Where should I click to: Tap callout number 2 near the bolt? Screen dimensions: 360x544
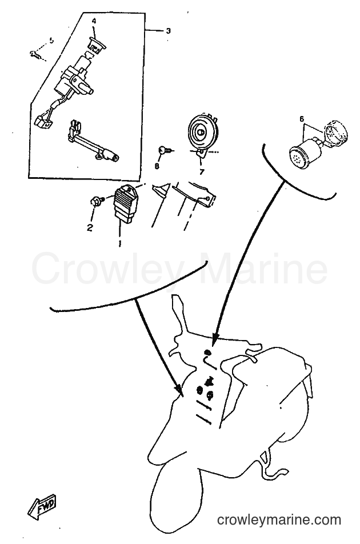coord(90,227)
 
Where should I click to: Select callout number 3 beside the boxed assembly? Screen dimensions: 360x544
coord(168,31)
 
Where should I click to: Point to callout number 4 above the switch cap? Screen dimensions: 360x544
coord(94,21)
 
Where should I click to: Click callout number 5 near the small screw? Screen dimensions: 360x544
coord(51,41)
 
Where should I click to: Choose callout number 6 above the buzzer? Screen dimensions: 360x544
coord(302,119)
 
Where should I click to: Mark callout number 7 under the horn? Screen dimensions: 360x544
coord(202,171)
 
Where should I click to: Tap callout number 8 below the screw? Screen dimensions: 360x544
coord(157,166)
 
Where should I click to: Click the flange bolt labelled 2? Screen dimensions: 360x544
coord(97,200)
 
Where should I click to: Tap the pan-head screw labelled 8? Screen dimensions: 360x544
coord(165,150)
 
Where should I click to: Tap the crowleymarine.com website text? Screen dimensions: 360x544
coord(279,520)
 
